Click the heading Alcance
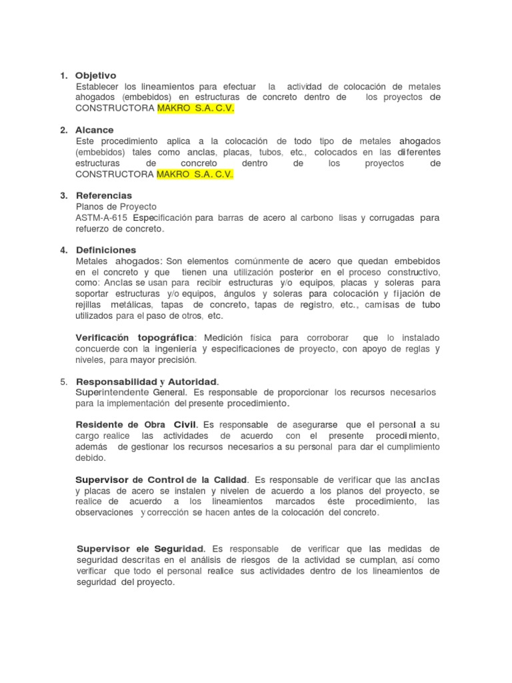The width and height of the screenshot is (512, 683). [x=95, y=130]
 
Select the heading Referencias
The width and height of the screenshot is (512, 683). [x=104, y=195]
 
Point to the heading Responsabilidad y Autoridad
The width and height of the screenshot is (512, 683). [x=147, y=382]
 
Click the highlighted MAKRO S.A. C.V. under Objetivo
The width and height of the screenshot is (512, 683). [x=195, y=109]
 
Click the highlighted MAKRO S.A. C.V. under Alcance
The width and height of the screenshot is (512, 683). [x=195, y=174]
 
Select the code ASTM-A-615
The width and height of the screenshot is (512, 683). [x=103, y=218]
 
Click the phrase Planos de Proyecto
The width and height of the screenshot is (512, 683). [x=116, y=207]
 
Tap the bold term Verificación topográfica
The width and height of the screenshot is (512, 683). [x=136, y=337]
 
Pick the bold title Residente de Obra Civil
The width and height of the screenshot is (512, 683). [x=137, y=425]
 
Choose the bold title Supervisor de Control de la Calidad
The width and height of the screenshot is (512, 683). [x=162, y=480]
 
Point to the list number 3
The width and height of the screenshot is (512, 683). [x=63, y=195]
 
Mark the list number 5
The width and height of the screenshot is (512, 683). [x=63, y=382]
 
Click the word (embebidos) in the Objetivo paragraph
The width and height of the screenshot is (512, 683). [x=100, y=97]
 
